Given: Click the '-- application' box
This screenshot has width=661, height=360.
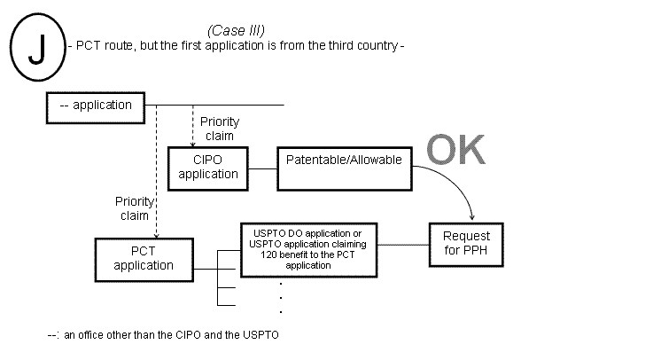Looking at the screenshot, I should click(95, 106).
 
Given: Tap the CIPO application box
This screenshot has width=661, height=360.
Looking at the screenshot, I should click(209, 167).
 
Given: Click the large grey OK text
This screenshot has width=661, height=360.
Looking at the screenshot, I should click(456, 151).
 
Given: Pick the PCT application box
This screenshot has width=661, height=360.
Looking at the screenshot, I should click(136, 257).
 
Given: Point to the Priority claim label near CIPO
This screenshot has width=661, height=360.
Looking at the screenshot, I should click(219, 129).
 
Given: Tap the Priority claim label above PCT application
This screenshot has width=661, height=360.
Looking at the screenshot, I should click(135, 207).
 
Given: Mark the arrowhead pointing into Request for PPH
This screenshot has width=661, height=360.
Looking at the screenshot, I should click(472, 217).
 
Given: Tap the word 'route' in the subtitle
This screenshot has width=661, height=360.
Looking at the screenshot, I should click(116, 45).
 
